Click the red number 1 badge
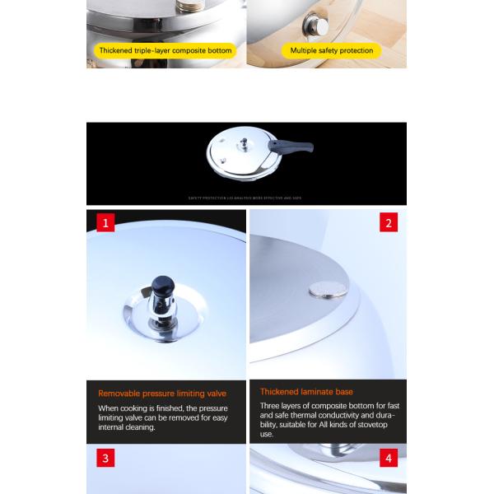(x=105, y=222)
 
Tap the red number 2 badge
(x=389, y=222)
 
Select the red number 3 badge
(x=105, y=459)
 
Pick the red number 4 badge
(x=389, y=459)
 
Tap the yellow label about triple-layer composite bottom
(x=165, y=51)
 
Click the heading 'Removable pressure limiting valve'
(x=162, y=394)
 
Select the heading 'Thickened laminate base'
(x=306, y=392)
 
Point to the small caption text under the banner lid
(x=246, y=198)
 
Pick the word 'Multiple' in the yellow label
(x=305, y=51)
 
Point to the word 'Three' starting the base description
(x=271, y=405)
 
